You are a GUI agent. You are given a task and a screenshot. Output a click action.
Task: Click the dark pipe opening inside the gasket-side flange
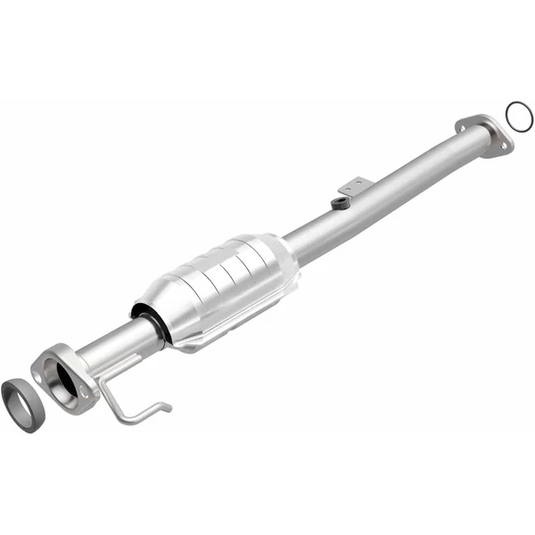[67, 378]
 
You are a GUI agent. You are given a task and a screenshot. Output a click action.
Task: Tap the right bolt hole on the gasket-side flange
[85, 393]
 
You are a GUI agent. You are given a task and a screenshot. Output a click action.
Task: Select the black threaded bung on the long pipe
[339, 203]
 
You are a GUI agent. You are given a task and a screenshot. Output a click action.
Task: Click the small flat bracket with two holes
[354, 186]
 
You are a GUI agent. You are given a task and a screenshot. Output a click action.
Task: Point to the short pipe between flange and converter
[116, 343]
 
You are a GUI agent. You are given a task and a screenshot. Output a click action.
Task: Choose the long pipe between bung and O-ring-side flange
[410, 178]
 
